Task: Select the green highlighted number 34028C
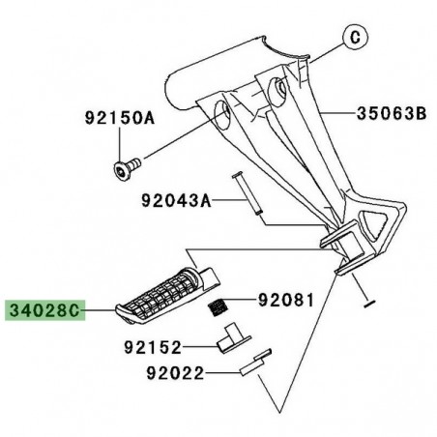[46, 312]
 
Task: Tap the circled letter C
[356, 40]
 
